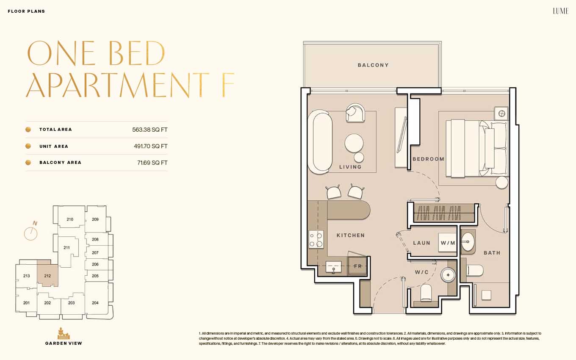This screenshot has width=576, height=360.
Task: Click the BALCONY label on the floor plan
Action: coord(373,65)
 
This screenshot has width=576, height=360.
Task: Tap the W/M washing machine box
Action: coord(447,243)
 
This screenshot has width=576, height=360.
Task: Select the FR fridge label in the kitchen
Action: coord(357,266)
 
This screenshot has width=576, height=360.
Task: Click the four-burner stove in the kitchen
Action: coord(316,239)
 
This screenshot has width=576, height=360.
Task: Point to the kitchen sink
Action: coord(333,267)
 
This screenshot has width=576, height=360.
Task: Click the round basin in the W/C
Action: coord(448,275)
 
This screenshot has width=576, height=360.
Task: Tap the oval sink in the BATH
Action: coord(467,242)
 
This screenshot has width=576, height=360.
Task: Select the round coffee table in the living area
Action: coord(354,143)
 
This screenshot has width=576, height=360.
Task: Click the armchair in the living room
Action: coord(355,113)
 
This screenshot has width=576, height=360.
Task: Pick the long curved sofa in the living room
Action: coord(320,142)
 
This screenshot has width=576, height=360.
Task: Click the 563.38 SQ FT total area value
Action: coord(150,130)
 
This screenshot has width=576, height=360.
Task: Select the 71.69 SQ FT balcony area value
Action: coord(152,163)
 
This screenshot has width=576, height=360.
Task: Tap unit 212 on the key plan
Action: coord(47,276)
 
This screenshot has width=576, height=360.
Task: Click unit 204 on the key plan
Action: coord(95,303)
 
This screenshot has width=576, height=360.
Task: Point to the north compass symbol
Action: coord(31,231)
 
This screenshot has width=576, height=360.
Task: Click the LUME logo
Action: coord(560,11)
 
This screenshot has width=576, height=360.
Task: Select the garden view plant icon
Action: coord(63,333)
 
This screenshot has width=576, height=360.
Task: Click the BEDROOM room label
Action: coord(429,159)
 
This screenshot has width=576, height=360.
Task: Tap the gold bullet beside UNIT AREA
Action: coord(28,146)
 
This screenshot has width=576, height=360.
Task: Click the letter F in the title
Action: coord(228,84)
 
